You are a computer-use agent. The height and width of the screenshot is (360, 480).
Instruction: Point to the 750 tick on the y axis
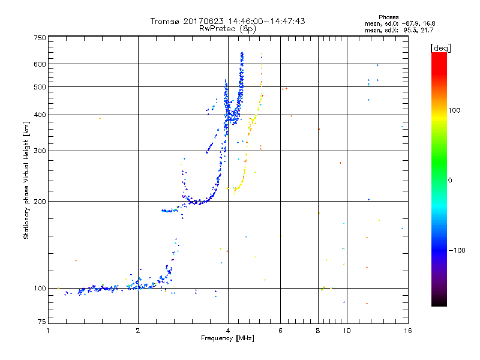39,38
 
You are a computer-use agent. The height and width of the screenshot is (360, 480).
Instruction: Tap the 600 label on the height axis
39,64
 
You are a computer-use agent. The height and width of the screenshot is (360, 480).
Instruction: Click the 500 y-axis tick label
39,86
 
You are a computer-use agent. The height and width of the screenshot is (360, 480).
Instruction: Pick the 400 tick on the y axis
39,115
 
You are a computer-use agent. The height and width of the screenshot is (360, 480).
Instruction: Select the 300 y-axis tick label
39,151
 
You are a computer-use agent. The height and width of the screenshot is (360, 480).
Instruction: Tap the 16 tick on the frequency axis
407,331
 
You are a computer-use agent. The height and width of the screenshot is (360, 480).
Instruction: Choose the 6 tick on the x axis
281,331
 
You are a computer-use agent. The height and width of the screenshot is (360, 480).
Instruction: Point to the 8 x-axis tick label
318,331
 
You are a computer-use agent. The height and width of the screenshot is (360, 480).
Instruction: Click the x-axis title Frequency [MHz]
227,338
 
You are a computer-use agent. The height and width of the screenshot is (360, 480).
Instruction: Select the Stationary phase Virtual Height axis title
26,180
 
